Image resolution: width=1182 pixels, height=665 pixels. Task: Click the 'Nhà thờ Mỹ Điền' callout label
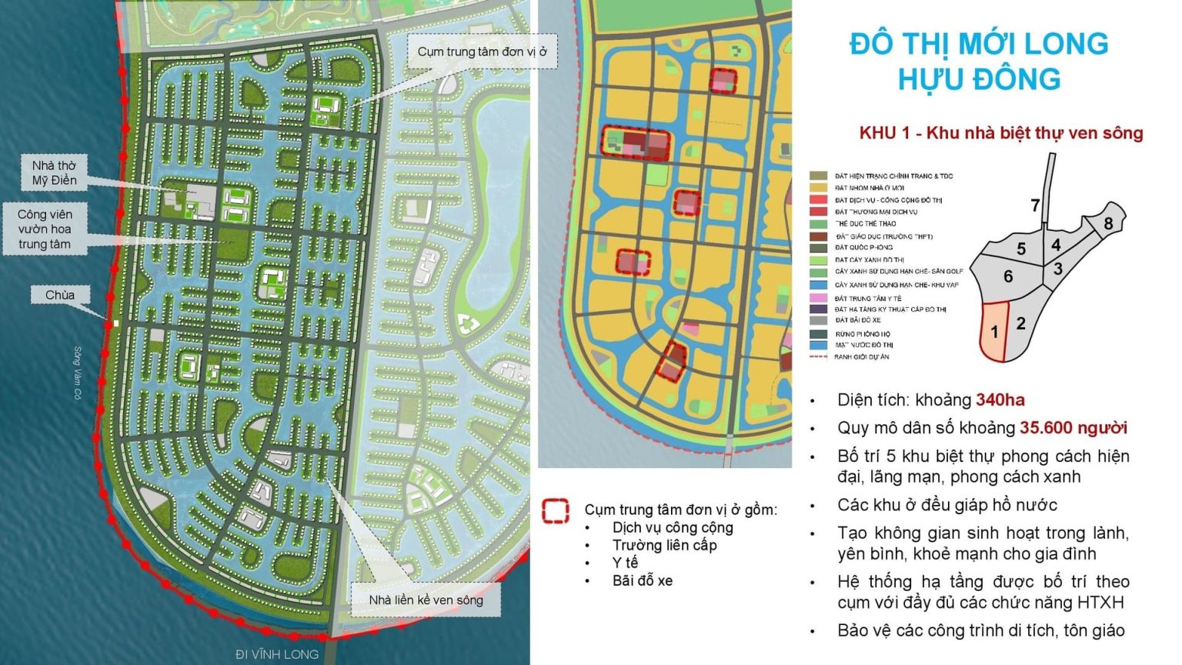(x=54, y=173)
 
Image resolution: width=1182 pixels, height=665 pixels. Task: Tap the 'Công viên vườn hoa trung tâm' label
(x=45, y=229)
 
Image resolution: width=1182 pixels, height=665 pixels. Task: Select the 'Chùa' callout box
(x=59, y=295)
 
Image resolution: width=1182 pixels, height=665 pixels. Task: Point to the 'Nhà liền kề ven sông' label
(x=426, y=600)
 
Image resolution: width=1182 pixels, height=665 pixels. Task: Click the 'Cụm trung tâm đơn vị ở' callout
(x=482, y=52)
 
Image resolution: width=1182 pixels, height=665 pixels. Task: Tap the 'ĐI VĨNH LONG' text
(x=276, y=654)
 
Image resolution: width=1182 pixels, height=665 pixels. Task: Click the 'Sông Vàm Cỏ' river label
(x=78, y=373)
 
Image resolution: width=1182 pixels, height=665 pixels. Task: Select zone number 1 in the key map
(x=994, y=332)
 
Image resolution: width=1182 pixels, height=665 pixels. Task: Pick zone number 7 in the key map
(x=1036, y=205)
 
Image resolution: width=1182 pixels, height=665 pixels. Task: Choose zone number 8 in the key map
(x=1108, y=223)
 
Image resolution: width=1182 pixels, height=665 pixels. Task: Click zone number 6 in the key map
(x=1008, y=276)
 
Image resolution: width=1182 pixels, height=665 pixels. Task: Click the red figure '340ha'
(x=1000, y=399)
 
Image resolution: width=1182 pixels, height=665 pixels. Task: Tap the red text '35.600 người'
(x=1073, y=428)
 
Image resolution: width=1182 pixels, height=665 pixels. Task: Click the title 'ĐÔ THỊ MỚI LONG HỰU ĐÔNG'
(x=979, y=61)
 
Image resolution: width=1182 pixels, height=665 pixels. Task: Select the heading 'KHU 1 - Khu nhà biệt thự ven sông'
(x=1000, y=133)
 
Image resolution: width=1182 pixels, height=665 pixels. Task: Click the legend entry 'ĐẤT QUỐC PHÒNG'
(x=863, y=248)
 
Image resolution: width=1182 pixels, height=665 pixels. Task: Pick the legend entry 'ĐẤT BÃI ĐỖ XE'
(x=857, y=320)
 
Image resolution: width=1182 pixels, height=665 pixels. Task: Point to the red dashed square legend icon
(x=556, y=511)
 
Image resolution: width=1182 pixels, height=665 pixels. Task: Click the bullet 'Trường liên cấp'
(x=664, y=545)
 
